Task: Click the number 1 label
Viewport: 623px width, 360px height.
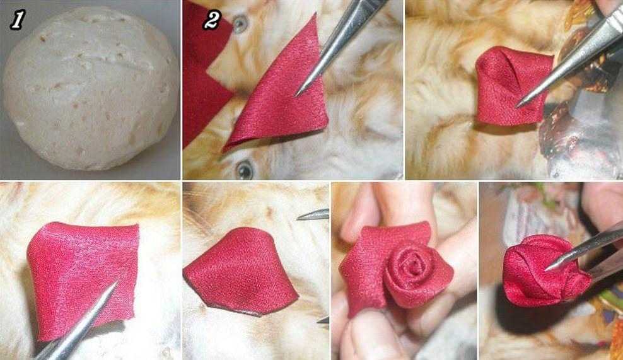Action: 16,20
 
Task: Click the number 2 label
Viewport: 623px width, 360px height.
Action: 211,20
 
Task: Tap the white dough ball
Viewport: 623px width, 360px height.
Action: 91,88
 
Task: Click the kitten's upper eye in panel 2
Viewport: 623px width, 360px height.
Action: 240,24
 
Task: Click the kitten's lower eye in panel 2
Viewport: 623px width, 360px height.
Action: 244,170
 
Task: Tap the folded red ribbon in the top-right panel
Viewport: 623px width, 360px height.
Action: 513,86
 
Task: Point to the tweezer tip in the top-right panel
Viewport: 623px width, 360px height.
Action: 517,106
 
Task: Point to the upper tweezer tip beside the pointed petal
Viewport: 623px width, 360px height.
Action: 299,217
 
